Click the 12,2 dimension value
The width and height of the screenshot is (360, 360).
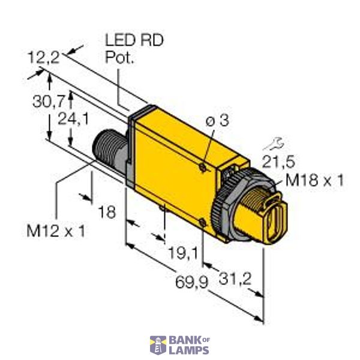click(x=44, y=58)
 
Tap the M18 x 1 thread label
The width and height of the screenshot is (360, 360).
click(x=315, y=180)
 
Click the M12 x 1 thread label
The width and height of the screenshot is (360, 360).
click(x=56, y=230)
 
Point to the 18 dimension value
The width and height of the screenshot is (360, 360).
click(x=107, y=211)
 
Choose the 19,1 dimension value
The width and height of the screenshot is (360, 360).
click(x=181, y=254)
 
